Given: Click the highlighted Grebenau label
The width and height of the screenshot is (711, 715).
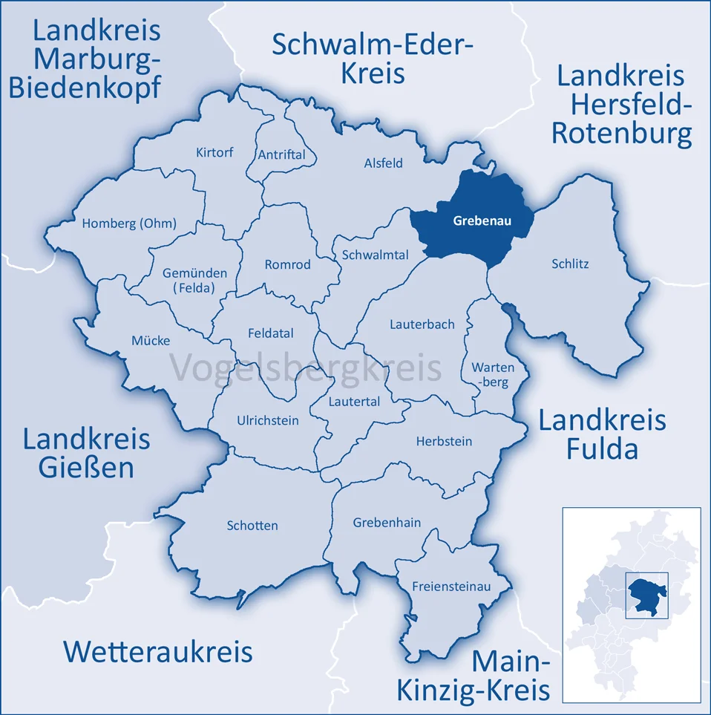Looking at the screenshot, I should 482,221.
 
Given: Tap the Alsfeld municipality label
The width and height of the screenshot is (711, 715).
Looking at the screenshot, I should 383,163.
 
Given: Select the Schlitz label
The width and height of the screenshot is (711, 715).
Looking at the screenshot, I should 570,264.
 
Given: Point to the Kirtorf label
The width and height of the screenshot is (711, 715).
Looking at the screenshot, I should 214,152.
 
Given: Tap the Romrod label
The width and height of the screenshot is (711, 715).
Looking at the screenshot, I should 288,264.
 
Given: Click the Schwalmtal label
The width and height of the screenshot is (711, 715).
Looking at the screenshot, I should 375,255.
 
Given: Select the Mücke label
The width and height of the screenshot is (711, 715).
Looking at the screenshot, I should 151,341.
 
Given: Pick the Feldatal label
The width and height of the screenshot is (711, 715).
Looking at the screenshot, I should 270,333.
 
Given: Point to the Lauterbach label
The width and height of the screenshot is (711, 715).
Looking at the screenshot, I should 422,324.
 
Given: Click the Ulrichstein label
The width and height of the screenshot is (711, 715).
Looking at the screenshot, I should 268,420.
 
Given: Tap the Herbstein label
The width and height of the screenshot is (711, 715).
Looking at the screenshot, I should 444,441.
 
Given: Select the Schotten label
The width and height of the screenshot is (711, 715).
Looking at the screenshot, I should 252,526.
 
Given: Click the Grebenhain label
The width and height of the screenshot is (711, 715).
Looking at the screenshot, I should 387,523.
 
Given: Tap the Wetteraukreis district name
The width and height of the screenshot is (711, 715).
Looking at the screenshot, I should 157,651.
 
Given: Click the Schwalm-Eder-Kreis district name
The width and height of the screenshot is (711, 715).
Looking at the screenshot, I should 373,59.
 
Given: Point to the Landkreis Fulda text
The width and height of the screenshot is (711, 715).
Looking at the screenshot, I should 602,434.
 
